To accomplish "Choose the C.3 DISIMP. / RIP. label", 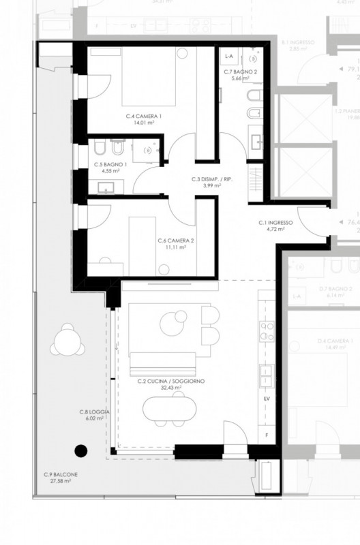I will point(207,179).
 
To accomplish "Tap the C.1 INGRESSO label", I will point(275,223).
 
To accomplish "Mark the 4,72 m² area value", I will point(275,230).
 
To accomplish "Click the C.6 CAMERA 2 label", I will point(176,240).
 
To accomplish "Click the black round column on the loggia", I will point(81,450).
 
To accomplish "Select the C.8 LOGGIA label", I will point(91,412).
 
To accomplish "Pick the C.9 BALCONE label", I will point(61,474).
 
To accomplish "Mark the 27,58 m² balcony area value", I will point(61,481).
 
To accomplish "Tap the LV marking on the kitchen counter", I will point(267,397).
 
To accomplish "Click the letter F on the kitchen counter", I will point(267,434).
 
